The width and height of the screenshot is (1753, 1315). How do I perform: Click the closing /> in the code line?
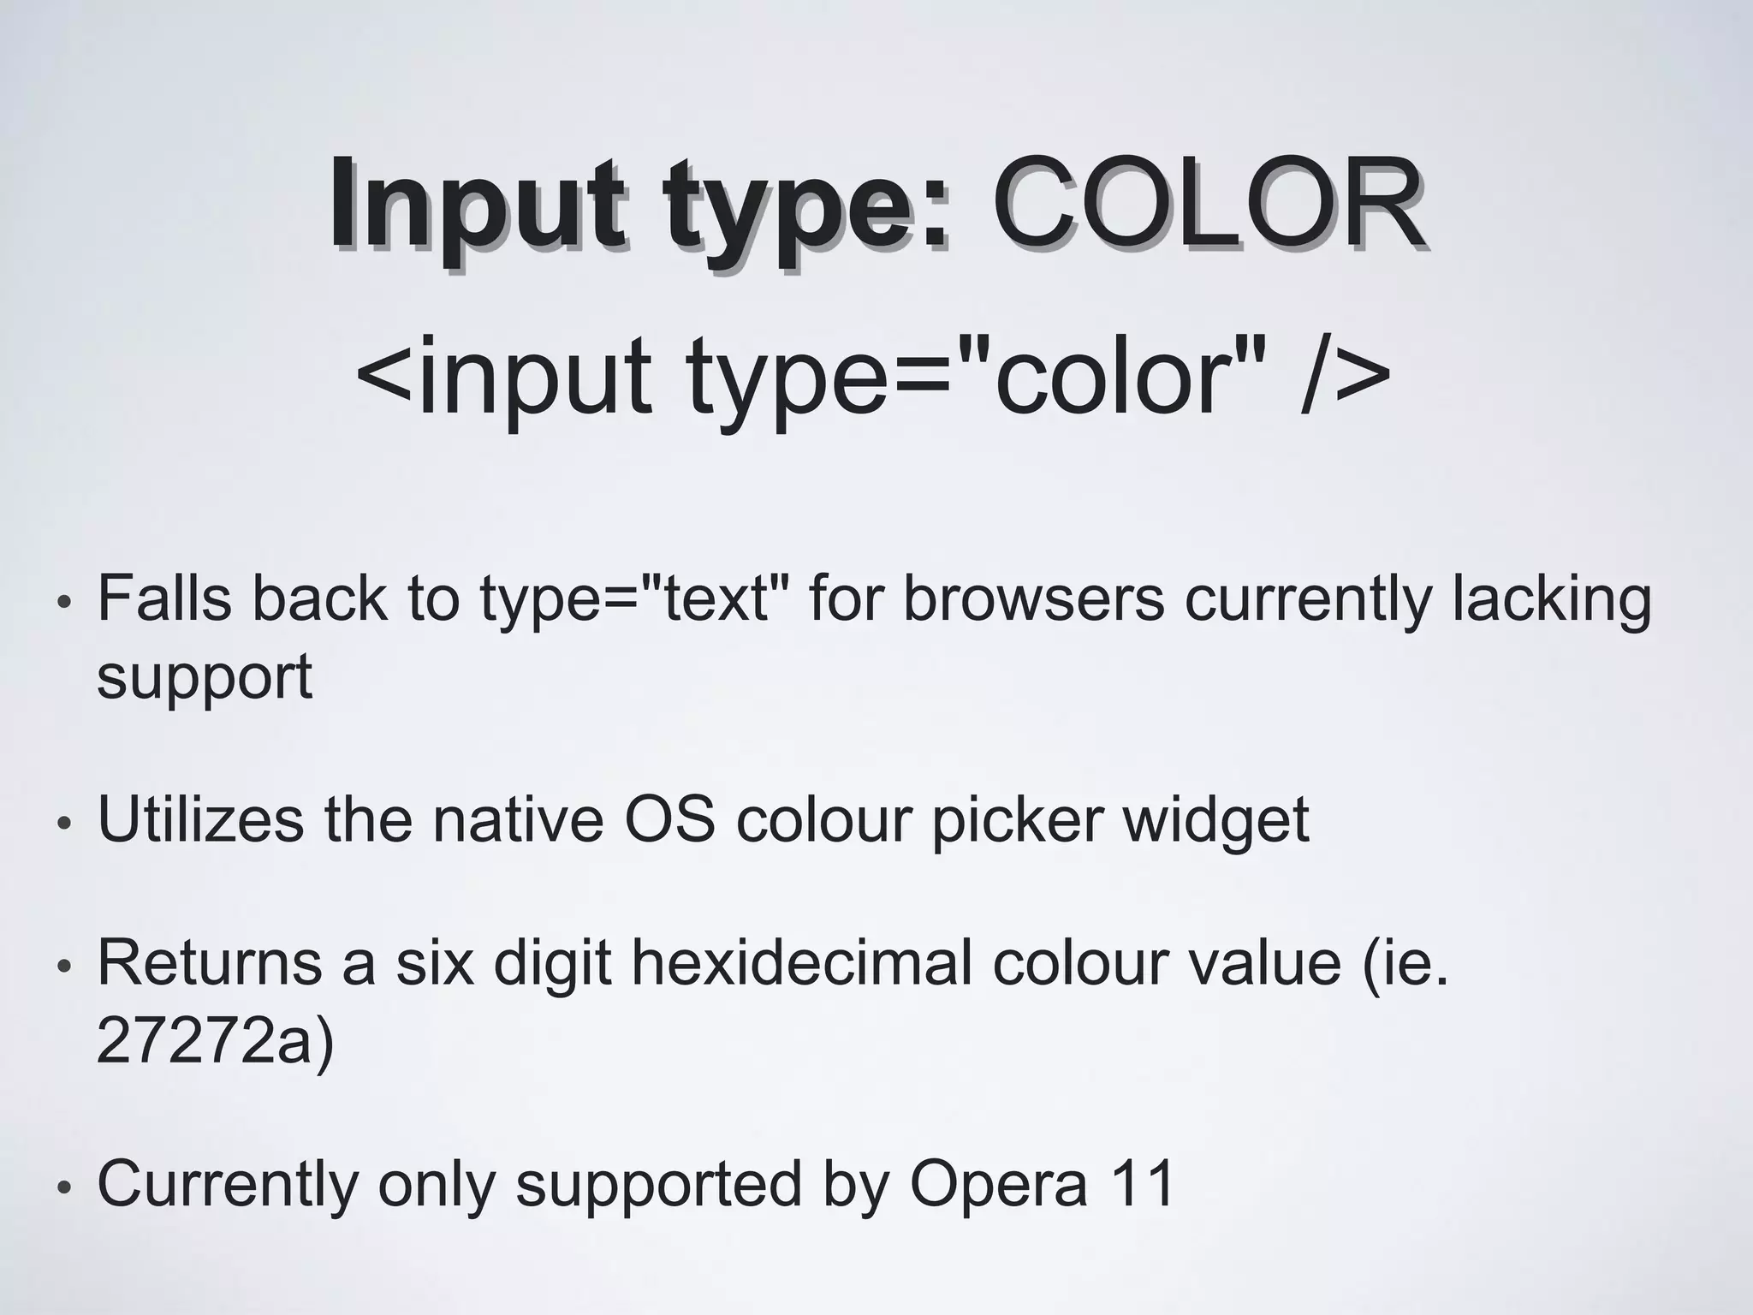pos(1344,377)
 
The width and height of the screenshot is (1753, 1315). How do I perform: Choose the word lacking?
pos(1550,599)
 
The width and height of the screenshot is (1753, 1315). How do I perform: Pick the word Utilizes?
pos(201,819)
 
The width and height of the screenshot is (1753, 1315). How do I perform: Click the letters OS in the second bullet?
pos(669,819)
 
